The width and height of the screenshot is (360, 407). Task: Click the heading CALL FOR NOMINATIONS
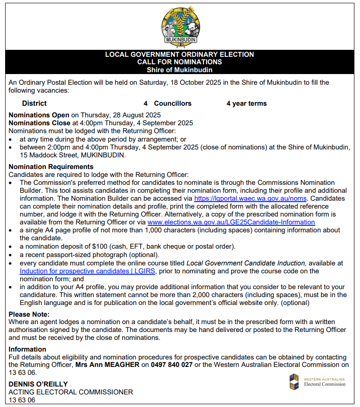click(x=179, y=62)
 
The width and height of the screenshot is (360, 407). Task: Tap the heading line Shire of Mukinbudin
click(x=179, y=70)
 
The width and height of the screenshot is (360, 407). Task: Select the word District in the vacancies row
click(x=34, y=103)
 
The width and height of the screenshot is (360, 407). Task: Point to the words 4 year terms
click(x=246, y=103)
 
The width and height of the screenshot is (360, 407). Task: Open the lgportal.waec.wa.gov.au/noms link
click(x=250, y=198)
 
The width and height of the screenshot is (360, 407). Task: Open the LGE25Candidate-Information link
click(x=231, y=222)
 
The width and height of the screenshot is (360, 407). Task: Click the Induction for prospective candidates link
click(x=87, y=271)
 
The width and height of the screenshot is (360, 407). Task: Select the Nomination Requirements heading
click(x=51, y=166)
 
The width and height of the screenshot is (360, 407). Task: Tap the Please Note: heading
click(x=29, y=314)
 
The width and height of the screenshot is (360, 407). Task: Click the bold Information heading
click(x=27, y=349)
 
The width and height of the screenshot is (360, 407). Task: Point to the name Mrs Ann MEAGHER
click(x=107, y=365)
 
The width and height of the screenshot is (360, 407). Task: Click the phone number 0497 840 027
click(x=171, y=365)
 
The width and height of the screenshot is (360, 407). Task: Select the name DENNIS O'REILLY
click(x=38, y=384)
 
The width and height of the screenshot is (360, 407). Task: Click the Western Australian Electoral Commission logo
click(x=317, y=382)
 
